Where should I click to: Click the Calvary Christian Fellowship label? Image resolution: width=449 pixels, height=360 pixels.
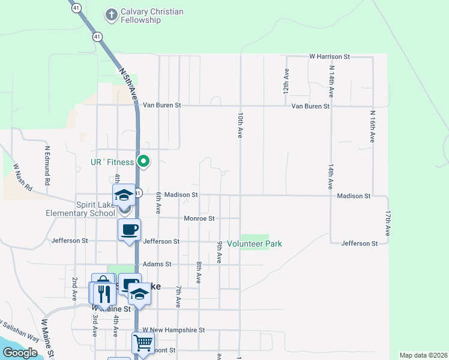click(x=152, y=16)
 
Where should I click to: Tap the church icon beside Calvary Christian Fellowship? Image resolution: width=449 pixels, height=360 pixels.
click(x=111, y=13)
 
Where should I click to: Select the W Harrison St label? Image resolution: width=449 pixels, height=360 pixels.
click(x=330, y=56)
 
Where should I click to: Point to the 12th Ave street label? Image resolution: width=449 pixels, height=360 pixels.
click(x=287, y=79)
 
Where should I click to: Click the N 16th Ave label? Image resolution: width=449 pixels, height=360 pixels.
click(x=372, y=126)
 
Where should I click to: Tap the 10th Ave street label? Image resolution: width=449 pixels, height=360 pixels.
click(x=240, y=125)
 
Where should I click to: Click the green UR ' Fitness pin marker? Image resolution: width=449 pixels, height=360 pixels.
click(x=143, y=161)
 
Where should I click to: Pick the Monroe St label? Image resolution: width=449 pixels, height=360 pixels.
click(x=199, y=219)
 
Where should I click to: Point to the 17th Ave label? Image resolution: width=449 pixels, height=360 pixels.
click(x=388, y=222)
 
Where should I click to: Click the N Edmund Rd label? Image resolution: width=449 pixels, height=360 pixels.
click(x=47, y=164)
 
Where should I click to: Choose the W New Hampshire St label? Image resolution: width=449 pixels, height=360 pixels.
click(x=174, y=330)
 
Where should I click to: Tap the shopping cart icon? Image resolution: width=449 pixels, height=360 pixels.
click(x=143, y=343)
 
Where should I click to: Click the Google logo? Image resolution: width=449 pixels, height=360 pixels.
click(x=20, y=353)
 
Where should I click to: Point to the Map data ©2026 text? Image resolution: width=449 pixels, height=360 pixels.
click(x=423, y=355)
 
